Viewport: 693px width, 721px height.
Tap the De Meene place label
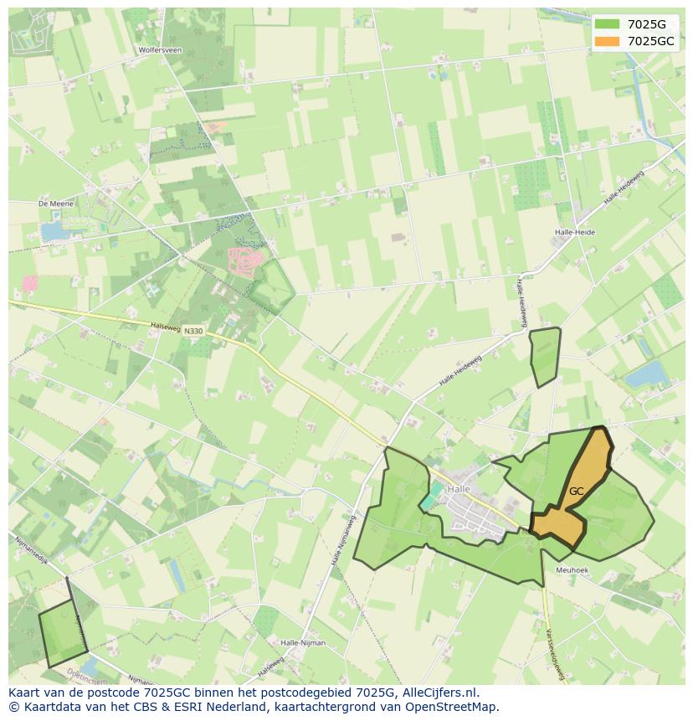click(56, 203)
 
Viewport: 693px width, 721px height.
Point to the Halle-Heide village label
click(574, 232)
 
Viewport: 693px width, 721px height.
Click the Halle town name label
click(459, 489)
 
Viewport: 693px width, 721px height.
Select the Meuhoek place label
click(572, 570)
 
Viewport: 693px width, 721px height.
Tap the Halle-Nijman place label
click(303, 643)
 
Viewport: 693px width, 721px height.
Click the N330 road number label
click(193, 332)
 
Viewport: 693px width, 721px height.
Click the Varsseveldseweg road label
click(552, 653)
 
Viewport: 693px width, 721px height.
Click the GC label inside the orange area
click(576, 492)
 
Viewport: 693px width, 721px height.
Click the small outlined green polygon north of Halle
click(545, 356)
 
